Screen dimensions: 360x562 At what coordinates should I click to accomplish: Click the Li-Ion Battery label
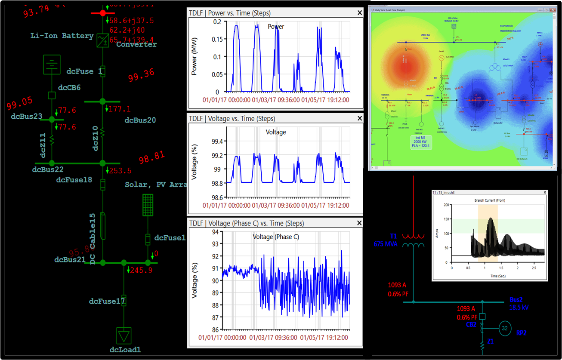pyautogui.click(x=62, y=36)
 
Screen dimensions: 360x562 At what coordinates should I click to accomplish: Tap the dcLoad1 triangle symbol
pyautogui.click(x=124, y=335)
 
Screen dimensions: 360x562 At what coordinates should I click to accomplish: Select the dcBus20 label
pyautogui.click(x=140, y=120)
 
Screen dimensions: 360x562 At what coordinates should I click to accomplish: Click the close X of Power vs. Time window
pyautogui.click(x=360, y=13)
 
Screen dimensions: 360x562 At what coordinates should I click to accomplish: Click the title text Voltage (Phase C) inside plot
pyautogui.click(x=275, y=237)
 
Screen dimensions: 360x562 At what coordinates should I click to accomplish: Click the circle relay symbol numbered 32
pyautogui.click(x=505, y=328)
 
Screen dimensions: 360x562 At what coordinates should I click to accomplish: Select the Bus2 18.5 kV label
pyautogui.click(x=519, y=304)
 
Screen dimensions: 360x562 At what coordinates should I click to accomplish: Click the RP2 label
pyautogui.click(x=522, y=332)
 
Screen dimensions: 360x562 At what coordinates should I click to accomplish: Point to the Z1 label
pyautogui.click(x=491, y=342)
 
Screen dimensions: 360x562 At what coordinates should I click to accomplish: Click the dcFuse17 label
pyautogui.click(x=107, y=301)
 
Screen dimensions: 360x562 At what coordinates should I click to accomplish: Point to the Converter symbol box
pyautogui.click(x=102, y=40)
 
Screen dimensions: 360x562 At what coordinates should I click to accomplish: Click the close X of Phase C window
pyautogui.click(x=360, y=223)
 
